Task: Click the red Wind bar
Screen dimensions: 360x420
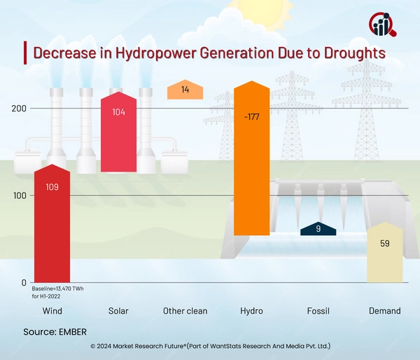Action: tap(52, 224)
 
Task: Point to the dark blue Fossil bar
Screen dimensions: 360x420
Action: tap(318, 228)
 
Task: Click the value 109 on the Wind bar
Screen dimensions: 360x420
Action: tap(52, 187)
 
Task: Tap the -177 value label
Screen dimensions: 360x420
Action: tap(251, 116)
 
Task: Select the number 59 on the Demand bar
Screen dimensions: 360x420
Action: tap(385, 244)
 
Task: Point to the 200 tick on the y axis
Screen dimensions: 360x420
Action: tap(19, 109)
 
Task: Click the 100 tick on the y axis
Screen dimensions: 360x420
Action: tap(19, 195)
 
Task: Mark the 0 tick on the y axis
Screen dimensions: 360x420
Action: tap(24, 283)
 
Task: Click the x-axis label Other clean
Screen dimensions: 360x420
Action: tap(185, 310)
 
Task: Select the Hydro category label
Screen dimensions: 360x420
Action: tap(251, 310)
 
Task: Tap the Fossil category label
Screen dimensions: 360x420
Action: tap(318, 310)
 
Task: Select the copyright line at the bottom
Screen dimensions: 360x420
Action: tap(210, 346)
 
